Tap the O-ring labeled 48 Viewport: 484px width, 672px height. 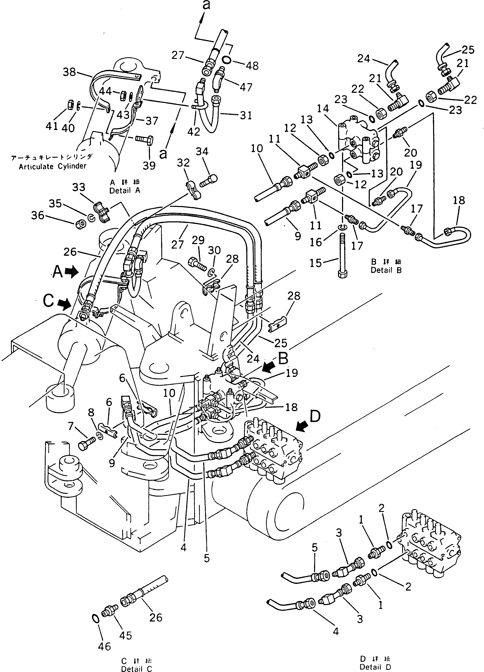226,60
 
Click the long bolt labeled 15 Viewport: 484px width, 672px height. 342,255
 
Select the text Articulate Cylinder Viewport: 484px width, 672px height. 52,166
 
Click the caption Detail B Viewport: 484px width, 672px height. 386,270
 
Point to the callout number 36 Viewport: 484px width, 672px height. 38,215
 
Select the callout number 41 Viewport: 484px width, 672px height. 52,126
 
